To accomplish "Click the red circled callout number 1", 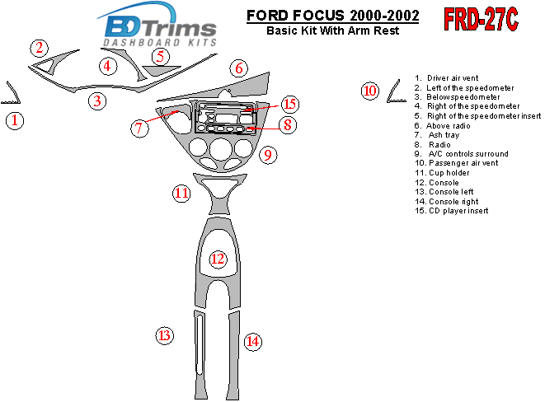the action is (x=15, y=121).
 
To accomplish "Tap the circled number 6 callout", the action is (x=239, y=68).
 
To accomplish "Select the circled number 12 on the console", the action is (x=218, y=259).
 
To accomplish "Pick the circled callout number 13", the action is (x=164, y=336).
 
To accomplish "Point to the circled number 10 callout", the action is (x=370, y=91).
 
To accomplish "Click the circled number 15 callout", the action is (x=290, y=104).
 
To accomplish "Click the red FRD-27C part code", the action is (x=481, y=19).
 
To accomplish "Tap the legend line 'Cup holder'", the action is (x=442, y=173).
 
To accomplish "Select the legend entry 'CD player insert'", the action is (x=452, y=211).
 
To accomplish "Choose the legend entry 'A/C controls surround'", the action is (x=461, y=154).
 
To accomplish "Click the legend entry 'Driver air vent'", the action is (x=446, y=78).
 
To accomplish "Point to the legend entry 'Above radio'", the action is (x=442, y=126).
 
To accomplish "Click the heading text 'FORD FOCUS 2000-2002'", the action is (x=332, y=16).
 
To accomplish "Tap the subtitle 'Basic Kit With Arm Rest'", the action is (x=332, y=30).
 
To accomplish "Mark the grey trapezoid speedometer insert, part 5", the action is (x=161, y=70).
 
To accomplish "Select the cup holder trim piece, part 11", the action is (x=219, y=194).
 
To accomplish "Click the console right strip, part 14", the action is (x=233, y=356).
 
